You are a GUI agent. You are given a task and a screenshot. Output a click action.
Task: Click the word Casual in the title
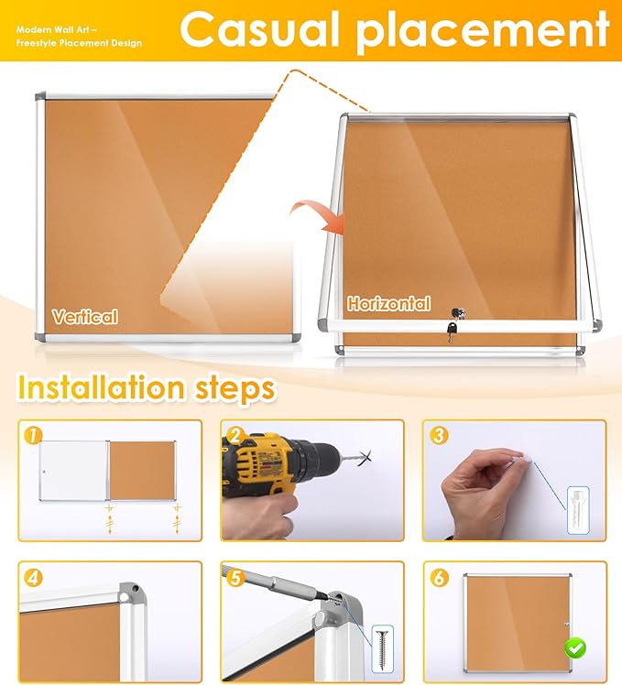(258, 29)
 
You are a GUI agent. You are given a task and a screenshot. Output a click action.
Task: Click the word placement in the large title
(483, 29)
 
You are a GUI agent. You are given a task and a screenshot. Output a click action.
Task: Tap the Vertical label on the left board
(84, 317)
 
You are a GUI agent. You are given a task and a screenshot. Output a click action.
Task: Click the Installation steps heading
(146, 388)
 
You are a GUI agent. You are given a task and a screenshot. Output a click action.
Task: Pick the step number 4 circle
(34, 578)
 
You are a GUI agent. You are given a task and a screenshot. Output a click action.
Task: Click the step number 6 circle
(439, 578)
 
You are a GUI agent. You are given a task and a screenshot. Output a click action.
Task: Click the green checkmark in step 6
(575, 648)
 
